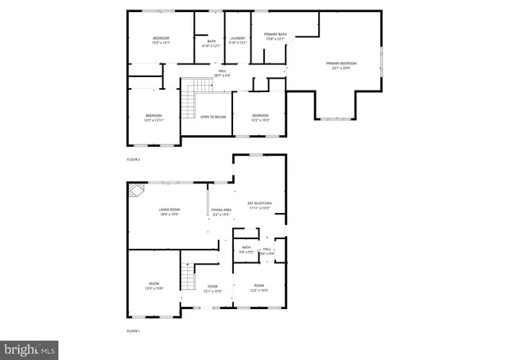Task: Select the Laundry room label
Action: click(x=237, y=40)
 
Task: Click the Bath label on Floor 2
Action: click(x=211, y=43)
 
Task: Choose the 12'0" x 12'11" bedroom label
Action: click(x=153, y=118)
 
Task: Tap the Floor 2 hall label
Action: click(x=223, y=74)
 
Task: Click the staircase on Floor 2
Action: click(x=188, y=101)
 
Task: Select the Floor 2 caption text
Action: click(x=133, y=160)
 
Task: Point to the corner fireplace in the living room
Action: click(x=136, y=192)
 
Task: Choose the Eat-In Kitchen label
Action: click(x=259, y=205)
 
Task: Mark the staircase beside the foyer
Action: click(x=188, y=277)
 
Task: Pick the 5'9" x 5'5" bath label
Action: click(x=247, y=250)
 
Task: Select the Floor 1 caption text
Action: click(x=133, y=330)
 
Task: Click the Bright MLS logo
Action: click(x=30, y=348)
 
